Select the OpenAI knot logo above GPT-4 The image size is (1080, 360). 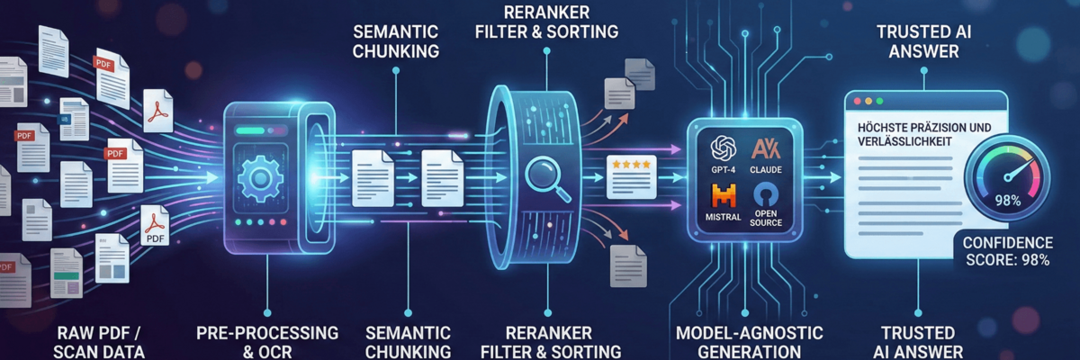(x=724, y=148)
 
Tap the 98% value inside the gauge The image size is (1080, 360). (x=1007, y=202)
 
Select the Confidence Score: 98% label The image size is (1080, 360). (x=1007, y=252)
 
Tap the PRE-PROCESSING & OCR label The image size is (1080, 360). (x=267, y=342)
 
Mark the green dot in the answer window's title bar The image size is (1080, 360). (x=882, y=103)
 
